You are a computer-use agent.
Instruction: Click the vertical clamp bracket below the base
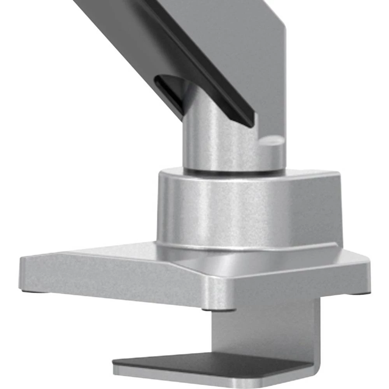pos(265,327)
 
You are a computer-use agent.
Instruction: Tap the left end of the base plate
pos(23,272)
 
